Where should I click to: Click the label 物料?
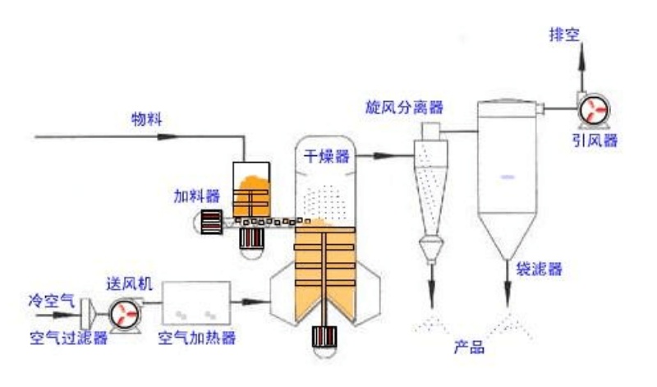(x=147, y=118)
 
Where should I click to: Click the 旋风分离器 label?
(x=405, y=108)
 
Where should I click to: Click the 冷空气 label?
(x=49, y=301)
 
